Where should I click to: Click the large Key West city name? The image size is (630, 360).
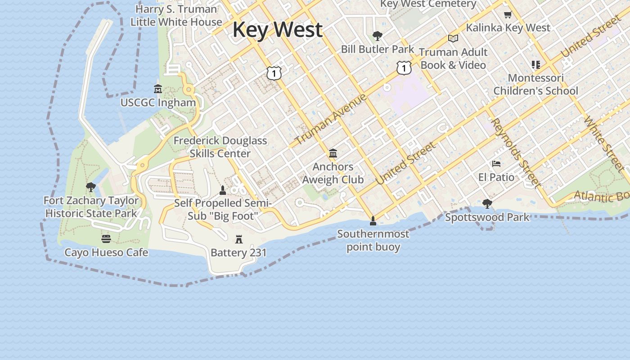(277, 30)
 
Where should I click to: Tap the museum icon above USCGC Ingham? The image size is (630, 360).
(158, 88)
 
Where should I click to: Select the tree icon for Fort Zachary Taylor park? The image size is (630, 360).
(91, 187)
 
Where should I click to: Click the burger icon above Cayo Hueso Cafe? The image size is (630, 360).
(106, 238)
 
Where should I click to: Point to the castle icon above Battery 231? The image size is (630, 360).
(239, 239)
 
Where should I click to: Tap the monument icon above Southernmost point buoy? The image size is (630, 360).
(373, 220)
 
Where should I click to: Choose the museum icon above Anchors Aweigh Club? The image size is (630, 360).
(333, 153)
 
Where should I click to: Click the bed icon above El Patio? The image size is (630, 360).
(496, 164)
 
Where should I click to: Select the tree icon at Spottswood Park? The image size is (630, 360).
(487, 204)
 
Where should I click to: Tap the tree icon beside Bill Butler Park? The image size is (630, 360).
(378, 36)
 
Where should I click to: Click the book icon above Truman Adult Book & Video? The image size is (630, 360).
(453, 39)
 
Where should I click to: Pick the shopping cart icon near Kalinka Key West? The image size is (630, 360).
(508, 14)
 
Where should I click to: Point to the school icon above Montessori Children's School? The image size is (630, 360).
(535, 65)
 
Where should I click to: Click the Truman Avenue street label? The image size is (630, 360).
(331, 120)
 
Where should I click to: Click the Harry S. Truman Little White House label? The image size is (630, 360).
(176, 15)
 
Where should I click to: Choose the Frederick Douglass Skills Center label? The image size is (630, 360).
(220, 147)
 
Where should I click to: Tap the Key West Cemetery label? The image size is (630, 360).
(428, 4)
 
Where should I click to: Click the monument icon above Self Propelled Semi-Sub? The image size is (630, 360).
(222, 190)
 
